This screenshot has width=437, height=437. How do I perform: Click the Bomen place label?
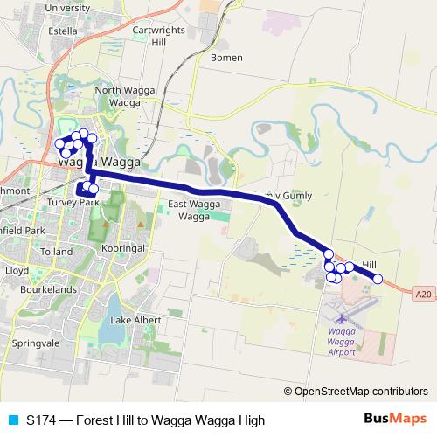click(x=227, y=58)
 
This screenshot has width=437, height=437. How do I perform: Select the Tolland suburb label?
click(x=57, y=252)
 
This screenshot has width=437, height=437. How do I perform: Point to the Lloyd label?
click(x=17, y=272)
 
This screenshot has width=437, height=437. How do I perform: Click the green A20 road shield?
click(x=424, y=294)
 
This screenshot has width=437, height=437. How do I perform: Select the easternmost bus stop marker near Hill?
click(x=378, y=279)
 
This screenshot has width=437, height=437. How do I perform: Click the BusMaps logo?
click(x=395, y=420)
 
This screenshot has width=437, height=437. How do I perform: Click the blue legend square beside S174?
click(x=11, y=420)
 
